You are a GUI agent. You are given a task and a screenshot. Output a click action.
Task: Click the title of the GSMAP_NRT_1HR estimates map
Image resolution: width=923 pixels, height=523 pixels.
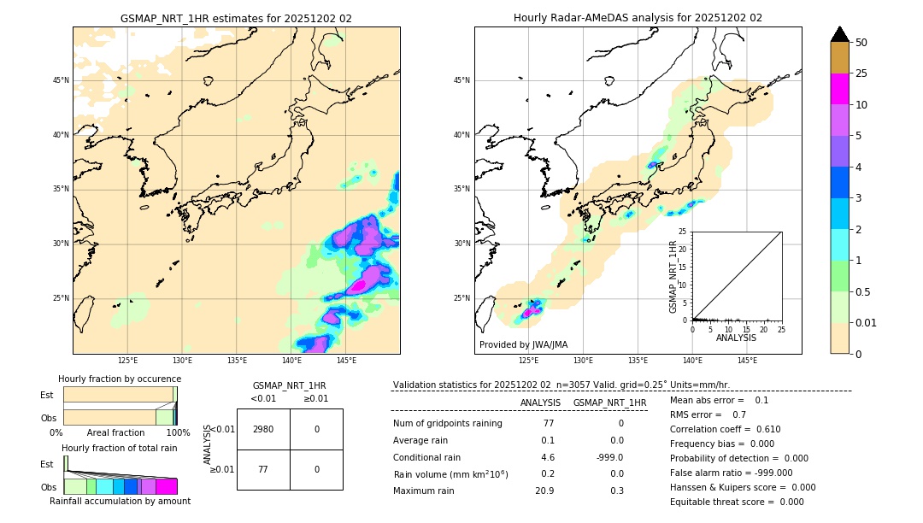pos(236,18)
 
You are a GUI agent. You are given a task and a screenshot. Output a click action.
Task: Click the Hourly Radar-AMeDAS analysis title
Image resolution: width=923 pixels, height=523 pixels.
pos(638,18)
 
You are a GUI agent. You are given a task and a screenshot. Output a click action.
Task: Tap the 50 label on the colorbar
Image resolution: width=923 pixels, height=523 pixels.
pos(861,43)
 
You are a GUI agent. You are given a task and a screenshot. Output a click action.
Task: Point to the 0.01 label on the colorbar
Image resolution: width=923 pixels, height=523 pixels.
pos(867,322)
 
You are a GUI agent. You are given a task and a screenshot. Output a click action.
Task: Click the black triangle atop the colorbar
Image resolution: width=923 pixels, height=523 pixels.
pos(839,34)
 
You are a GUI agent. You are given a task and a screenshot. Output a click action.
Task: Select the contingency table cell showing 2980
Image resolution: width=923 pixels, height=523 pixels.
pos(263,429)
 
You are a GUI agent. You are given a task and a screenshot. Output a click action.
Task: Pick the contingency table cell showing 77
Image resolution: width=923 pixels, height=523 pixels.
pos(263,469)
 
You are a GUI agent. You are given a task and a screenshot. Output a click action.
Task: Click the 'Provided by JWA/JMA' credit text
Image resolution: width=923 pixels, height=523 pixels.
pos(523,344)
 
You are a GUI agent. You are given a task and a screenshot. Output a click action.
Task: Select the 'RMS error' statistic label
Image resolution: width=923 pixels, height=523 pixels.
pos(697,414)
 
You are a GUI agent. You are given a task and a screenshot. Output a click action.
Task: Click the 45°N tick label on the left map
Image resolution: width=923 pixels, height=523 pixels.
pos(61,80)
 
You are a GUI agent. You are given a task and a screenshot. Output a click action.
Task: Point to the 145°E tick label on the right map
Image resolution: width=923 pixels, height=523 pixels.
pos(747,361)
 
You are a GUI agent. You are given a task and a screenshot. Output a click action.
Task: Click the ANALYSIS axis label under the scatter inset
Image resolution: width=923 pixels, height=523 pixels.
pos(736,338)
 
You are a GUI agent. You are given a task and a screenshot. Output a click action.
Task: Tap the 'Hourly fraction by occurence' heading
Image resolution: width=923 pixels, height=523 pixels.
pos(120,379)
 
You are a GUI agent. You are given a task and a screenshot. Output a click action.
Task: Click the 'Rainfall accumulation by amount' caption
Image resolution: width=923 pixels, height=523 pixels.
pos(120,501)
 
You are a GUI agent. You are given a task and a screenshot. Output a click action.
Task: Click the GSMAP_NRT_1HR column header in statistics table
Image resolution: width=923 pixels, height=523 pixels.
pos(609,403)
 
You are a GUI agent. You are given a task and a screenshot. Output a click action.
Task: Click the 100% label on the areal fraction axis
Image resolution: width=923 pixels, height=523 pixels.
pos(178,433)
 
